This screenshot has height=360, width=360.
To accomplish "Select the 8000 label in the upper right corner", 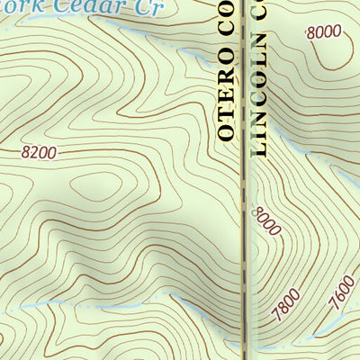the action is click(324, 31).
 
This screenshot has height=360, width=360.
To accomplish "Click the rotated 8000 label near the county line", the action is click(268, 220).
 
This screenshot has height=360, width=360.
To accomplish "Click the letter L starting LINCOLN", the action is click(261, 148).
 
